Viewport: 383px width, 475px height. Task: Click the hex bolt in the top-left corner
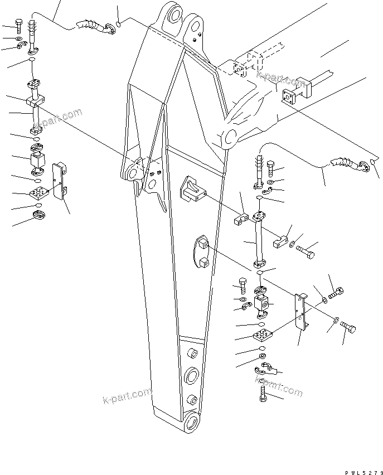click(x=20, y=25)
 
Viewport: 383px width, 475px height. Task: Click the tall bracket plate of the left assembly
click(x=59, y=180)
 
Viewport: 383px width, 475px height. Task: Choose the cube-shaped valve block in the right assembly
click(x=260, y=304)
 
